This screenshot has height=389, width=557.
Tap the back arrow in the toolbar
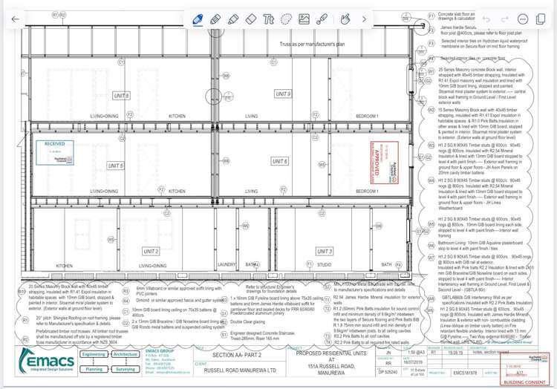click(16, 19)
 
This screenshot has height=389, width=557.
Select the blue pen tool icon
click(198, 19)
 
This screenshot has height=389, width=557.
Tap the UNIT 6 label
click(280, 161)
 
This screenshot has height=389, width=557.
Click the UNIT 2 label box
click(152, 252)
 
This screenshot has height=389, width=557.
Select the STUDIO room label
click(324, 265)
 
